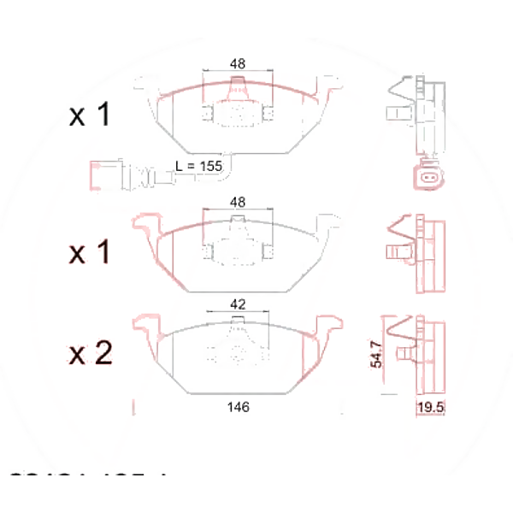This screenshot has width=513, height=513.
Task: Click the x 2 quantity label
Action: [x=90, y=353]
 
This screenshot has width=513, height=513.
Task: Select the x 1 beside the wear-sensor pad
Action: [x=90, y=115]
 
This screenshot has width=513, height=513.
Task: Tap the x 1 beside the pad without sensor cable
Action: [x=90, y=252]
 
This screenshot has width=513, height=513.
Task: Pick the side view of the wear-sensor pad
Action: [x=414, y=107]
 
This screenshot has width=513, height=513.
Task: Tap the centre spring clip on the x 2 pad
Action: [x=237, y=346]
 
